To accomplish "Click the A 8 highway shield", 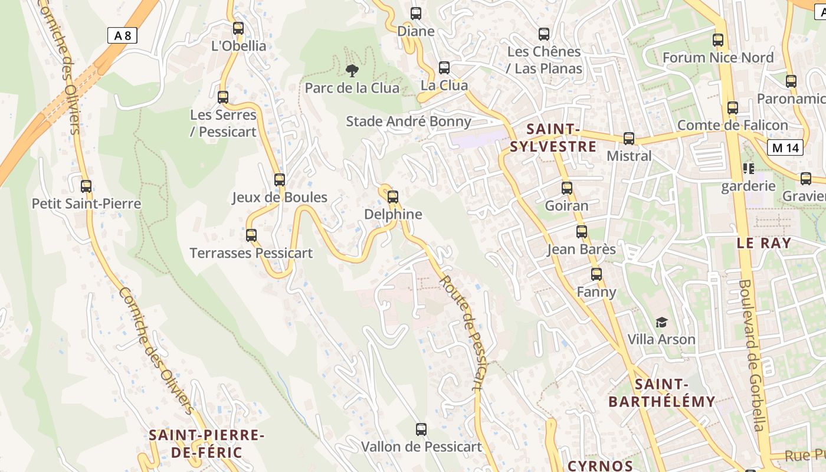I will coord(123,35).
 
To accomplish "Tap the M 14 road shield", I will coord(785,147).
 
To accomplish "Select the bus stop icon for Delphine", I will coord(393,196).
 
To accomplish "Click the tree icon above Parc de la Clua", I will coord(352,71).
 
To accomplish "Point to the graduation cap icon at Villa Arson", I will coord(661,322).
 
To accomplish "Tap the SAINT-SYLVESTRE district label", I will coord(553,137).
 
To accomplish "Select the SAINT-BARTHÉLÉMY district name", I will coord(661,394).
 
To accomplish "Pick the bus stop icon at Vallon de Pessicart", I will coord(421,429).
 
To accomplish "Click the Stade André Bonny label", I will coord(408,122).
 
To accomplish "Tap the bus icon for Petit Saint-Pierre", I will coord(86,186).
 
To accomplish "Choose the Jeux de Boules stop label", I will coord(279,197).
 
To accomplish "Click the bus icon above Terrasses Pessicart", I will coord(251,235).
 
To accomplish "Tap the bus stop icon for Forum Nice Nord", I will coord(717,40).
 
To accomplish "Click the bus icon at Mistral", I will coord(629,139).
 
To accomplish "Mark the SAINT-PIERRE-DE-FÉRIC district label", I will coord(206,444).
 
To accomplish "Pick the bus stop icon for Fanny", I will coord(596,274).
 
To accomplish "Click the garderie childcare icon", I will coord(749,169).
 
